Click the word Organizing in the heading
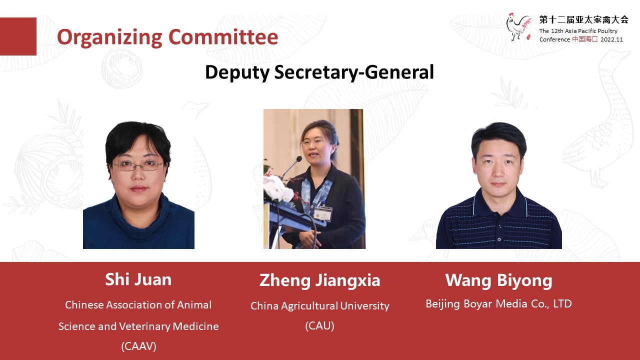109,37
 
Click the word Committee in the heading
223,37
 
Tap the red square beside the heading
18,36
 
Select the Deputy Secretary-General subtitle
319,72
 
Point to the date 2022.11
611,39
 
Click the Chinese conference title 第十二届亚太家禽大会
583,19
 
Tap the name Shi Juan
138,279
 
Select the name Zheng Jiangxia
319,280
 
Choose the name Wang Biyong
498,280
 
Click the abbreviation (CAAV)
138,346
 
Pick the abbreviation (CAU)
319,325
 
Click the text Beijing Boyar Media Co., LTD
498,303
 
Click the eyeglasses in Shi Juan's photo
138,165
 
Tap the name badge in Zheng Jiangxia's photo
323,213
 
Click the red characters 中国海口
584,39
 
